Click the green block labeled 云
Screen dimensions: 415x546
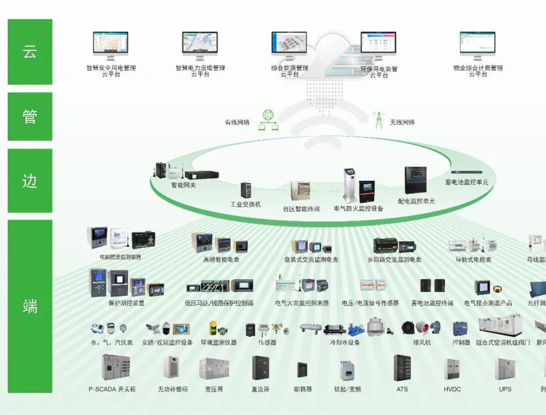tap(30, 52)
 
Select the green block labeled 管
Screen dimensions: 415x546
tap(30, 117)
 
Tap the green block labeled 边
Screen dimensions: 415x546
tap(30, 181)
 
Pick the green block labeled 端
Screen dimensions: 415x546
tap(30, 306)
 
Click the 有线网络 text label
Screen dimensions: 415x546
tap(237, 122)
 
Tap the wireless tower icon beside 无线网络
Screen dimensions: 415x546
tap(378, 119)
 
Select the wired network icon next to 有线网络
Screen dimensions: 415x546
tap(268, 119)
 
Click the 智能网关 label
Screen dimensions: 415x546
tap(186, 183)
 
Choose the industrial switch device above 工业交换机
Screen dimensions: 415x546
tap(246, 190)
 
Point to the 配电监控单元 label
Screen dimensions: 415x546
tap(416, 201)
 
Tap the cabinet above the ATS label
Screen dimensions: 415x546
tap(402, 368)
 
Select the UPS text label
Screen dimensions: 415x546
tap(505, 389)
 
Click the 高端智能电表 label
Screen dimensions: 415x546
tap(221, 260)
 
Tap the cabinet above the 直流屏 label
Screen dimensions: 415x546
tap(261, 368)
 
